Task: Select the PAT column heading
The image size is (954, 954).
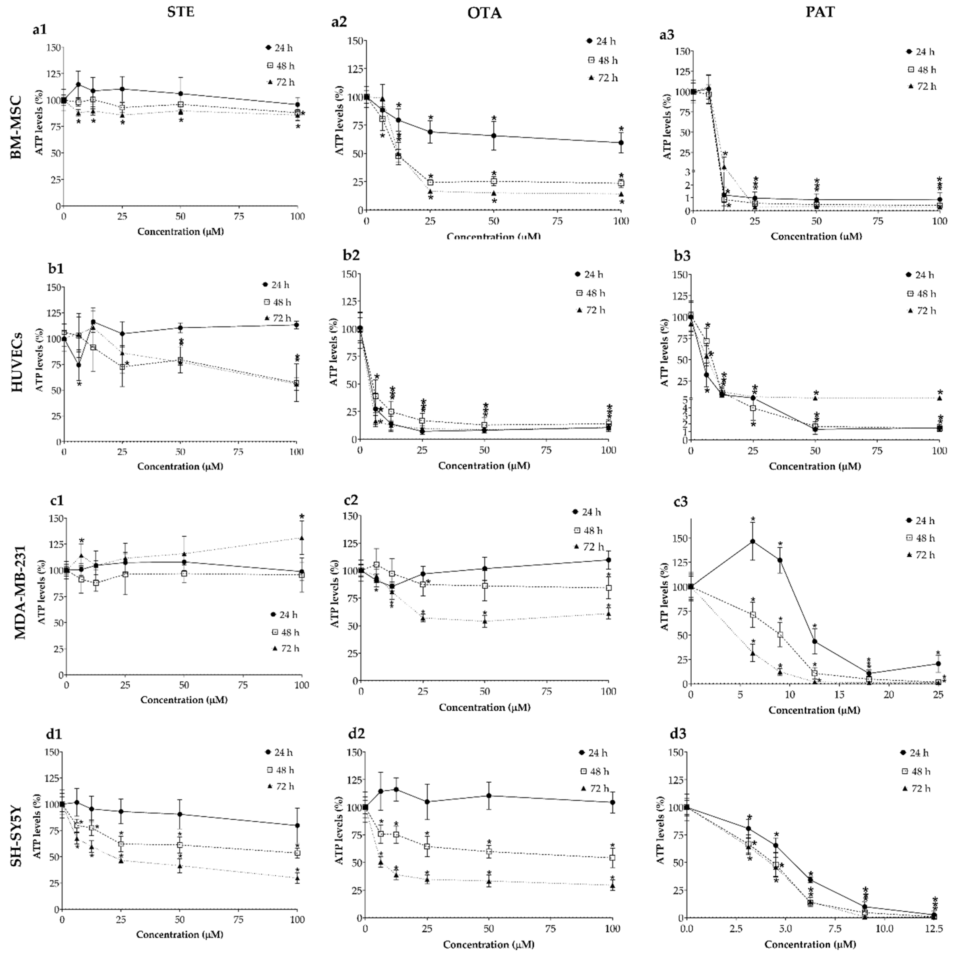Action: [820, 12]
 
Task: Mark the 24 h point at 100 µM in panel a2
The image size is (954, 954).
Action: [621, 143]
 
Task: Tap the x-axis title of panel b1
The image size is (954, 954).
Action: [180, 466]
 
